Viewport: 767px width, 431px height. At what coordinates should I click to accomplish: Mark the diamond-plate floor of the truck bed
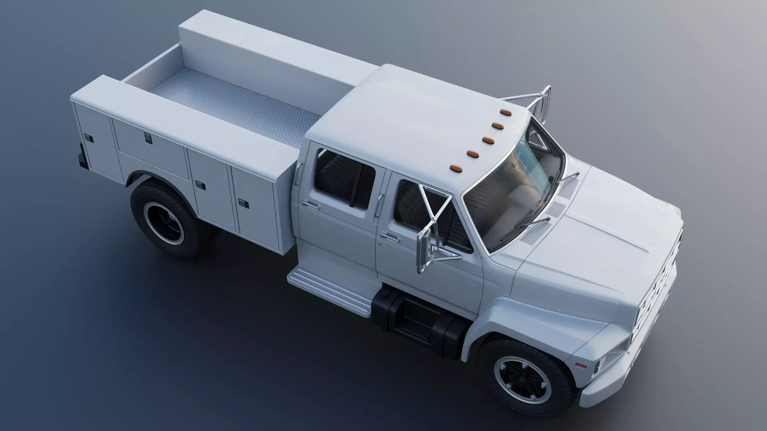click(x=240, y=108)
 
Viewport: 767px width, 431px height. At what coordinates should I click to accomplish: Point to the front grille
click(x=655, y=295)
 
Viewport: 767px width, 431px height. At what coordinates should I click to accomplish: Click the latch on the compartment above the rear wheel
click(x=148, y=138)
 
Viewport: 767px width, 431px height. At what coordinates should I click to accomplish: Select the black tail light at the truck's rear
click(x=82, y=156)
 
